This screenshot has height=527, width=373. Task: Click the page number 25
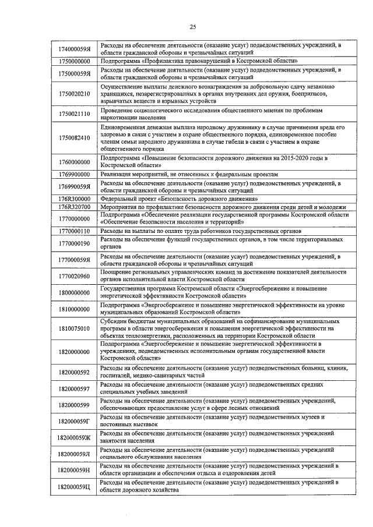(193, 26)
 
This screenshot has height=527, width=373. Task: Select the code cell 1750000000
(74, 61)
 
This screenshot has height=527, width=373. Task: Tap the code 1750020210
(74, 93)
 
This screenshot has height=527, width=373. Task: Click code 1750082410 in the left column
(74, 137)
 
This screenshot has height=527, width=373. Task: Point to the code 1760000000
(74, 162)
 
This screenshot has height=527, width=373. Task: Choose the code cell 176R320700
(74, 206)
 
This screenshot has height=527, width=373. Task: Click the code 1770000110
(74, 231)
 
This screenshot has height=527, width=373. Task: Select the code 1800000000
(74, 292)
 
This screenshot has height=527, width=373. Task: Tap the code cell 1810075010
(74, 328)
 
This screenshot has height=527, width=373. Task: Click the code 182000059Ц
(74, 485)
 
